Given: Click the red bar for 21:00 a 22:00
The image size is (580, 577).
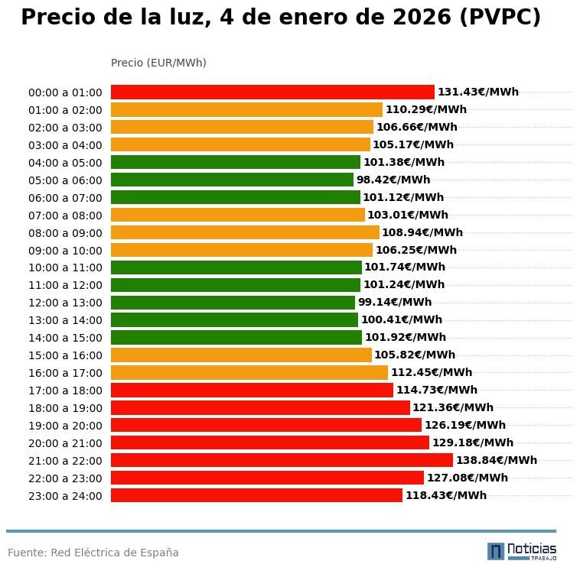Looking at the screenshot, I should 282,460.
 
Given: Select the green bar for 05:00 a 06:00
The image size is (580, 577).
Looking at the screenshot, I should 232,180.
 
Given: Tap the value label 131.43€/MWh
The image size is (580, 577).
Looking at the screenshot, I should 477,92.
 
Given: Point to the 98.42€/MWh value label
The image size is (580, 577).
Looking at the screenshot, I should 393,180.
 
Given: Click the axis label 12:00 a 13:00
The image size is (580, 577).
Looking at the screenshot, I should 65,303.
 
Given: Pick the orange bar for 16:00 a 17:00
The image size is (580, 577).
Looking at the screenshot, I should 249,372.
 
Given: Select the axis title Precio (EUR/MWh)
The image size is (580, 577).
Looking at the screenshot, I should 158,63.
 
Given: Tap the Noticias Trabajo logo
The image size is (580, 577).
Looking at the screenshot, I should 522,551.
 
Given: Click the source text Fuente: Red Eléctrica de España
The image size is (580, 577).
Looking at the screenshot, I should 93,553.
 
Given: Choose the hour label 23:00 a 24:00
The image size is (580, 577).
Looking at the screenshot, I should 65,496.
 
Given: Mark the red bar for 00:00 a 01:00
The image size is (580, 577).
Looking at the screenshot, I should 272,92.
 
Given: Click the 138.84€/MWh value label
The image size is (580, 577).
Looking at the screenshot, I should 496,460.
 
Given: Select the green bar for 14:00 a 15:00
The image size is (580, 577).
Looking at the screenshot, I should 236,337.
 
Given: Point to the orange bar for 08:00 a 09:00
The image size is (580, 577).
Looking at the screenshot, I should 245,232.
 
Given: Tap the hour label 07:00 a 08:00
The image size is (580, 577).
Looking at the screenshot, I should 65,216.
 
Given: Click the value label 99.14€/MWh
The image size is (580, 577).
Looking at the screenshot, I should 394,302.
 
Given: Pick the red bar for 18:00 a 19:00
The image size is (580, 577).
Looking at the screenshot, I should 260,407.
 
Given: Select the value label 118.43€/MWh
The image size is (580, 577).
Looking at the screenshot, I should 445,495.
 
